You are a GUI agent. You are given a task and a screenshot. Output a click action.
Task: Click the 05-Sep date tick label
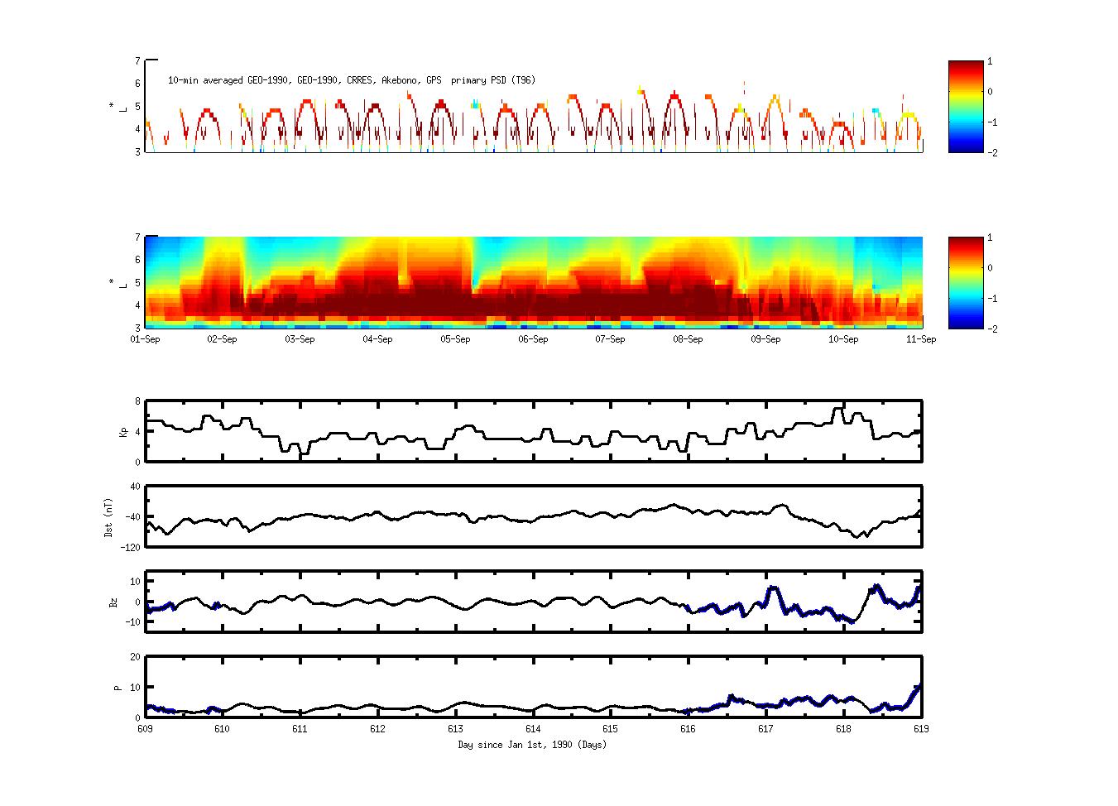[455, 339]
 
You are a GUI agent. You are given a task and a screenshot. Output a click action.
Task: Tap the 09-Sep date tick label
[765, 339]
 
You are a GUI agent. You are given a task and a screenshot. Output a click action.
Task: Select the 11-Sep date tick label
[921, 339]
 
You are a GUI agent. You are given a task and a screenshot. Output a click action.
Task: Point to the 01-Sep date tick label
[146, 339]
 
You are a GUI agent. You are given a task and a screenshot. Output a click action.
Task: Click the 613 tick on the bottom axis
[455, 729]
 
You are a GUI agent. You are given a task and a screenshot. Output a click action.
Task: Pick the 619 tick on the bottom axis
[921, 729]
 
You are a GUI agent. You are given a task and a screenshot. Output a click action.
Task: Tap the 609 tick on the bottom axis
[146, 729]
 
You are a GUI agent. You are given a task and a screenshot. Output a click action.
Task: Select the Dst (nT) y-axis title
[108, 517]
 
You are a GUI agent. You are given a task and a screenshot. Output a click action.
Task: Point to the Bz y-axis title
[113, 602]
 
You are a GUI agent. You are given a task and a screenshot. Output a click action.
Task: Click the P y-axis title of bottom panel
[118, 687]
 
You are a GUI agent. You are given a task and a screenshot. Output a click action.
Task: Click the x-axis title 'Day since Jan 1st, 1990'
[532, 745]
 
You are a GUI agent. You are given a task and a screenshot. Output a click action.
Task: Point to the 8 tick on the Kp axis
[137, 401]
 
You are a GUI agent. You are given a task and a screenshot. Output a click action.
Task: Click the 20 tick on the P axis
[135, 657]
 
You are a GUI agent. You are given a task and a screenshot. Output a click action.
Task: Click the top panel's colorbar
[965, 107]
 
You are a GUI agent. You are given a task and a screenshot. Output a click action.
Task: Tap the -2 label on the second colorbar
[991, 329]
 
